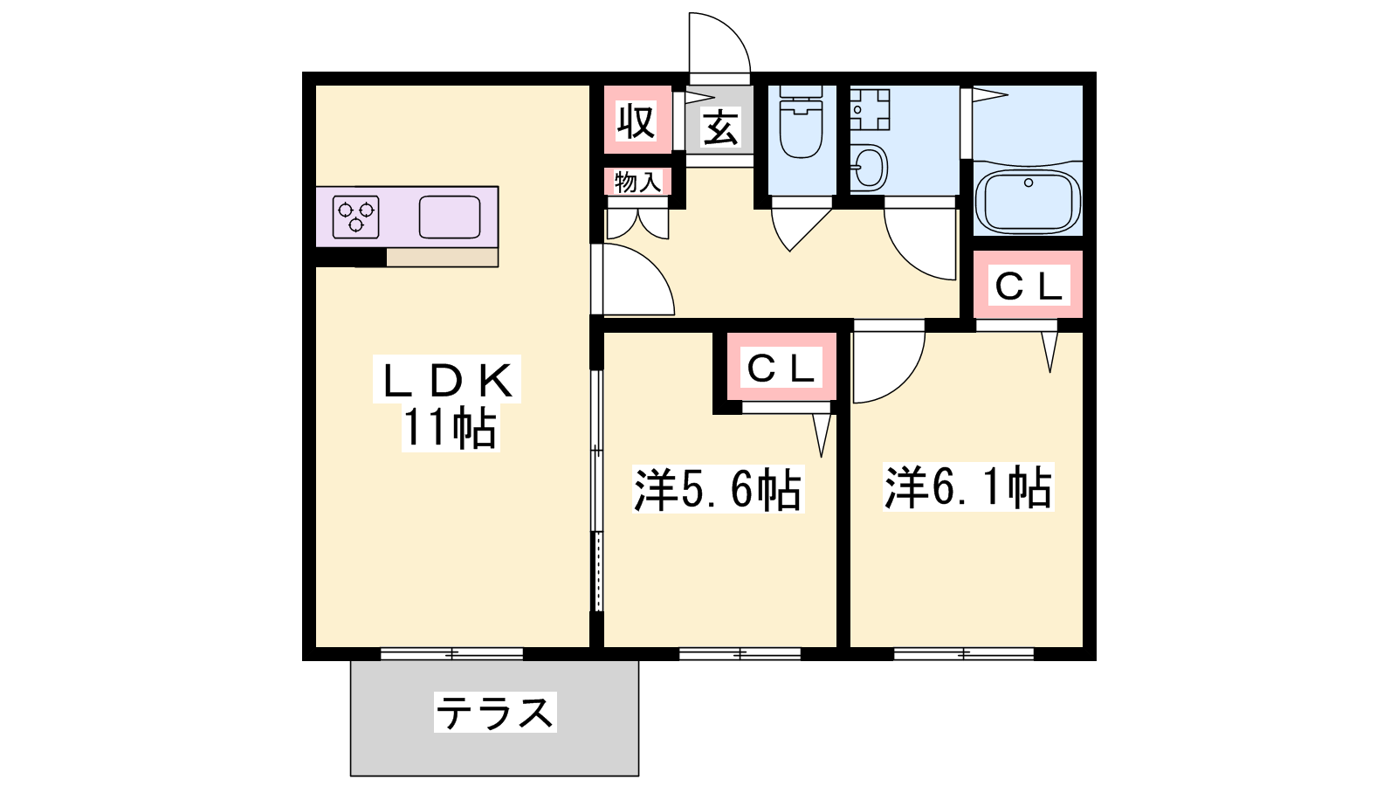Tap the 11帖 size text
[x=451, y=428]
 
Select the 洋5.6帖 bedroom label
[x=718, y=489]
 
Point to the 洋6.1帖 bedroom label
[x=968, y=487]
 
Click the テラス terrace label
[x=495, y=713]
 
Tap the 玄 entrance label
[x=721, y=128]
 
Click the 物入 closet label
[x=637, y=183]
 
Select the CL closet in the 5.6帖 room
[x=781, y=368]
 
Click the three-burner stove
[x=355, y=217]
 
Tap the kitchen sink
[x=450, y=217]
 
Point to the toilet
[x=801, y=122]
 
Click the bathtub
[x=1028, y=198]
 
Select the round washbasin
[x=869, y=167]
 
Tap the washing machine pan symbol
[x=870, y=110]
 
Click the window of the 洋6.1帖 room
[x=964, y=654]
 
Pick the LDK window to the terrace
[x=451, y=654]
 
